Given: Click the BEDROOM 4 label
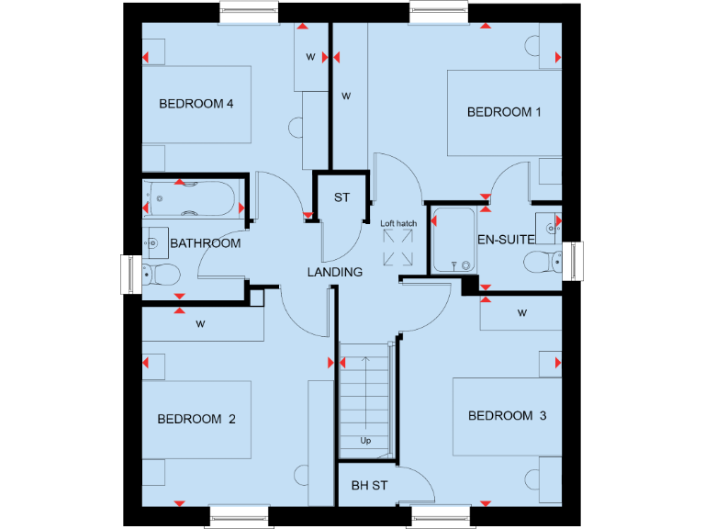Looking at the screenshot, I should click(196, 104).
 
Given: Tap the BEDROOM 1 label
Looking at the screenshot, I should click(504, 112).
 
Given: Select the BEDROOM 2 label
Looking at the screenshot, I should click(196, 419).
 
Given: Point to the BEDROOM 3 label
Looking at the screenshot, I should click(507, 416).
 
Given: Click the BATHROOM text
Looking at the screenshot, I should click(206, 243).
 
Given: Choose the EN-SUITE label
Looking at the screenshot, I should click(506, 239).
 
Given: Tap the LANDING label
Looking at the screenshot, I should click(334, 272).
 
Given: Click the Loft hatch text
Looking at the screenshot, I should click(399, 223).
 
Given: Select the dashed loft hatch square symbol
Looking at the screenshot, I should click(399, 248).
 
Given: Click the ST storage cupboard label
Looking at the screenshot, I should click(341, 197).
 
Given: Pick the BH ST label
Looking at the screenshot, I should click(369, 485).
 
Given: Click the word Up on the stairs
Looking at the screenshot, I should click(365, 441).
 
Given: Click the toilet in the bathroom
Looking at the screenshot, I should click(162, 274).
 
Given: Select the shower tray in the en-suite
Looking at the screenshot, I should click(453, 241).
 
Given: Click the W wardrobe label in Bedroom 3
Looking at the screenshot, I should click(521, 313).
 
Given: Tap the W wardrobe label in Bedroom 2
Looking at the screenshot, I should click(199, 323).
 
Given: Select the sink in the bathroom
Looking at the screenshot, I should click(152, 241).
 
